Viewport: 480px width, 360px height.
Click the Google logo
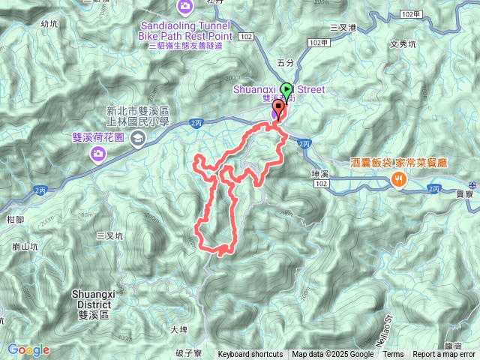pos(28,349)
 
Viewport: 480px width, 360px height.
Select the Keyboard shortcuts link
pos(250,355)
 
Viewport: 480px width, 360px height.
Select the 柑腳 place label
pos(15,220)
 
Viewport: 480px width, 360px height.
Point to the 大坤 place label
pos(178,329)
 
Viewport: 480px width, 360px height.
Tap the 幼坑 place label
pos(49,24)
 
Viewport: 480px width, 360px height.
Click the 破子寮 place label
pos(189,352)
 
